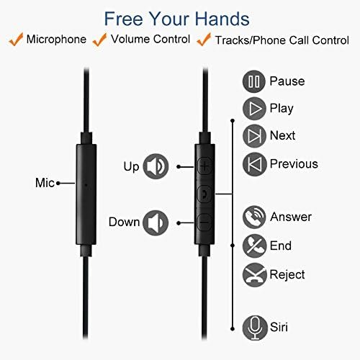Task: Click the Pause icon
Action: click(x=254, y=81)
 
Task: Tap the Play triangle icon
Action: click(x=254, y=109)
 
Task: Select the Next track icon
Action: click(x=254, y=136)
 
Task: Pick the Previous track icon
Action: click(x=255, y=164)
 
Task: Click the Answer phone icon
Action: click(x=254, y=217)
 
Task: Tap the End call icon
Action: click(x=254, y=246)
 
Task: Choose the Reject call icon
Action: click(x=255, y=275)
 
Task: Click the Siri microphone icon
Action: click(x=255, y=328)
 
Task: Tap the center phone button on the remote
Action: click(x=204, y=194)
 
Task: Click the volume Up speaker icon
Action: click(x=156, y=166)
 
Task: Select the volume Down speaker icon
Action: click(x=156, y=223)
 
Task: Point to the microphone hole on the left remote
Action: click(x=86, y=185)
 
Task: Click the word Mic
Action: click(x=45, y=183)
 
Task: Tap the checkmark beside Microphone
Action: click(x=16, y=40)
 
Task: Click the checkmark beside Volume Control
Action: click(x=99, y=40)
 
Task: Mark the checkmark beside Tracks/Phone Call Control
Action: click(x=204, y=40)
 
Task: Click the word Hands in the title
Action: click(x=222, y=19)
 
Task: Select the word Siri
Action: click(x=279, y=327)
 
